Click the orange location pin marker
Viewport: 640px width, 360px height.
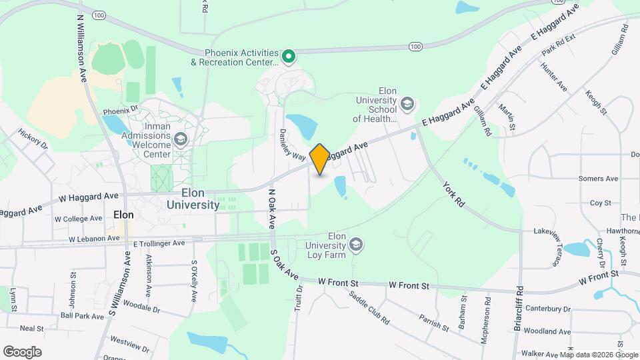pos(319,159)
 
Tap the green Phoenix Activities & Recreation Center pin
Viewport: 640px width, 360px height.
pos(289,57)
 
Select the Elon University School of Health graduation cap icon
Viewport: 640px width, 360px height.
pos(407,105)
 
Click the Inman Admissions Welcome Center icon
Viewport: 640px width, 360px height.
pos(180,139)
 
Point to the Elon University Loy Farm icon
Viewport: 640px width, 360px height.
pos(357,245)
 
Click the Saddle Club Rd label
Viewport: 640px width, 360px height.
pos(376,308)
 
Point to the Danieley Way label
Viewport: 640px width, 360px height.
pos(292,145)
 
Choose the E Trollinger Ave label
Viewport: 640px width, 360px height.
pos(159,243)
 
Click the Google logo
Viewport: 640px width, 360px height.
pos(22,351)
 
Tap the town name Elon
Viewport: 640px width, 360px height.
pos(124,215)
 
